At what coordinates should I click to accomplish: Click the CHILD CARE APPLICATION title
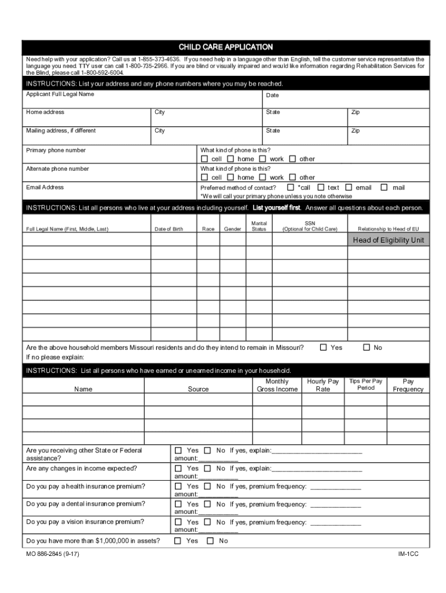click(225, 47)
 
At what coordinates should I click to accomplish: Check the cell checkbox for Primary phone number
click(204, 159)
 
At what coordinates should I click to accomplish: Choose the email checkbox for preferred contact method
click(349, 187)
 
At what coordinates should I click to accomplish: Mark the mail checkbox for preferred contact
click(383, 187)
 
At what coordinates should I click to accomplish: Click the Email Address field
click(110, 192)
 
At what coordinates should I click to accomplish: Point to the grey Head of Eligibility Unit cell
click(388, 240)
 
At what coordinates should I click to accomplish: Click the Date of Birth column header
click(169, 229)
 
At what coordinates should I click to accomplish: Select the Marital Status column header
click(259, 226)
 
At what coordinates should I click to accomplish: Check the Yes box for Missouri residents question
click(324, 347)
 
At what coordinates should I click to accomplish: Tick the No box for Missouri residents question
click(366, 347)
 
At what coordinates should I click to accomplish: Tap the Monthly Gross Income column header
click(277, 386)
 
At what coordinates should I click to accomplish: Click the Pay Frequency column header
click(408, 386)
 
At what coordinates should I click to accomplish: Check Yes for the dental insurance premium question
click(178, 504)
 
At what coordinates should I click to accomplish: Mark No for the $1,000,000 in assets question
click(207, 541)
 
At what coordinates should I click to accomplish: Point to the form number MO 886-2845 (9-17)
click(53, 554)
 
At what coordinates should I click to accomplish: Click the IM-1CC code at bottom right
click(408, 554)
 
